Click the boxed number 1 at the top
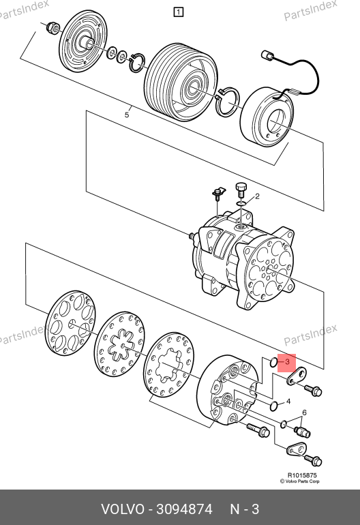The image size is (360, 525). (x=179, y=12)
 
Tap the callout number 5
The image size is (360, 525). (x=127, y=115)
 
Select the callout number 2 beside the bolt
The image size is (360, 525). (x=257, y=196)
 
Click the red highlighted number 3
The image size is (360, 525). (x=287, y=361)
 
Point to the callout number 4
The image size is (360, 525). (x=288, y=401)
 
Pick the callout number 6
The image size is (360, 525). (x=304, y=412)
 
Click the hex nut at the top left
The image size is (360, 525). (x=52, y=27)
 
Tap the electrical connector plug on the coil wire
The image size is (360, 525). (x=267, y=56)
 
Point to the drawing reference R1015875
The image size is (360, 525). (x=302, y=475)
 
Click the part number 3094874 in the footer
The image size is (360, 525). (x=185, y=509)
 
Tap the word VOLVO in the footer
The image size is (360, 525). (x=123, y=509)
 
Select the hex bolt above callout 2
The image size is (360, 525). (x=241, y=190)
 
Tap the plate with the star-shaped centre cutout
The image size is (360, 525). (x=119, y=344)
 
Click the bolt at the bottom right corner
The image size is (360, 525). (x=314, y=460)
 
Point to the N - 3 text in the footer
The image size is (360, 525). (x=245, y=509)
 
